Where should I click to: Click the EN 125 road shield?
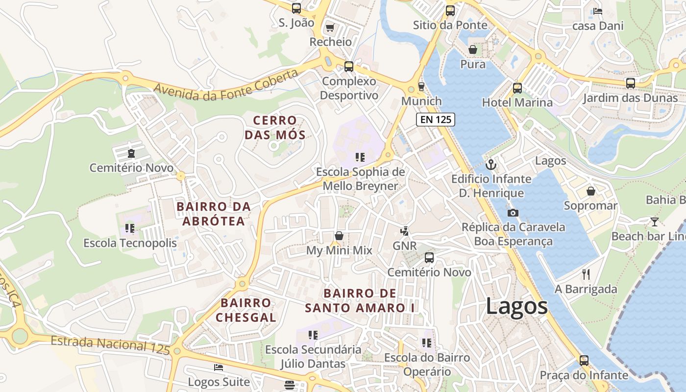[436, 120]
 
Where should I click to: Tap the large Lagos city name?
[516, 307]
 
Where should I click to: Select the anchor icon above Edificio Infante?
[491, 165]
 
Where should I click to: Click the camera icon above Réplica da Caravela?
[513, 213]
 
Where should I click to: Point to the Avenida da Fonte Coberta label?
[226, 85]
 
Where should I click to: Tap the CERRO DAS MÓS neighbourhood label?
[275, 127]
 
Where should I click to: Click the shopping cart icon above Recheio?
[330, 27]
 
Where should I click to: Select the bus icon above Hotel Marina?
[517, 88]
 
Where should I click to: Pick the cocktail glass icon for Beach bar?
[654, 222]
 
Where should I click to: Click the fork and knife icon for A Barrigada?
[586, 274]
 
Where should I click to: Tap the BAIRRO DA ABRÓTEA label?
[214, 214]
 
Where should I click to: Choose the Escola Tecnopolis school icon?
[130, 228]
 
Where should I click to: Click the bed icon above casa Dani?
[597, 11]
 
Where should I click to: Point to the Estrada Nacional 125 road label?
[110, 344]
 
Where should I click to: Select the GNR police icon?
[404, 231]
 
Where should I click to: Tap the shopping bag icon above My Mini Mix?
[339, 236]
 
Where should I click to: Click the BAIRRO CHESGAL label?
[245, 310]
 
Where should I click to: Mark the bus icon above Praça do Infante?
[584, 361]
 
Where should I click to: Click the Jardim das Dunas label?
[630, 98]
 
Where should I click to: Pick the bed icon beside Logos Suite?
[219, 367]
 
